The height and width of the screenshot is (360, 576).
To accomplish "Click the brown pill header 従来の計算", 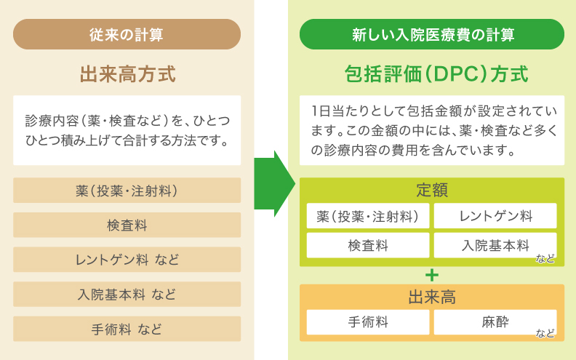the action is click(127, 34).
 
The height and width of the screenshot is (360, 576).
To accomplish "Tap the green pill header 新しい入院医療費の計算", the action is click(432, 34).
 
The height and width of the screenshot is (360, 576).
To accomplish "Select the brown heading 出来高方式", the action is click(127, 74).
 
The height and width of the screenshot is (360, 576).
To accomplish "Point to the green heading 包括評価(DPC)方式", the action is click(436, 74).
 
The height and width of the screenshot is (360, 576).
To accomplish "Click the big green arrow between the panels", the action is click(274, 184).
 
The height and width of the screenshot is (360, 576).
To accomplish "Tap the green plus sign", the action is click(432, 275).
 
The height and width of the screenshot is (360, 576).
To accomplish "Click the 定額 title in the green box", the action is click(432, 191).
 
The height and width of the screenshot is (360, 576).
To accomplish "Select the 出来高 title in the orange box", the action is click(432, 297).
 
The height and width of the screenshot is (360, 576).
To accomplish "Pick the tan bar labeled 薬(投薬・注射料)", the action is click(127, 191).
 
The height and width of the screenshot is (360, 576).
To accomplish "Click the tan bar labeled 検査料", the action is click(127, 225).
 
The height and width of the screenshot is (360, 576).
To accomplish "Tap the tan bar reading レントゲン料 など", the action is click(127, 260).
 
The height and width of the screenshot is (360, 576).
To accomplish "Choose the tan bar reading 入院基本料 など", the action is click(127, 295).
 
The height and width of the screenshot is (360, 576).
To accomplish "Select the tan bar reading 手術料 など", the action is click(127, 329).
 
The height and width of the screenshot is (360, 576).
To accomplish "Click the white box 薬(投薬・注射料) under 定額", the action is click(368, 216).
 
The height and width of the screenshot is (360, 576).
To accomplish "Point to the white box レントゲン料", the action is click(495, 216).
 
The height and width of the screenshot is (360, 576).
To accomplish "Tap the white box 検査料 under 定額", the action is click(368, 245).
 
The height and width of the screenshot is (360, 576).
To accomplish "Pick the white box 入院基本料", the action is click(495, 245).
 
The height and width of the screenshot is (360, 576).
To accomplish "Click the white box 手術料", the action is click(368, 322).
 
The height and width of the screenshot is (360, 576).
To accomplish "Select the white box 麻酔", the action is click(495, 322).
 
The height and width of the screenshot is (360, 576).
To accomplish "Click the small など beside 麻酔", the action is click(545, 333).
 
